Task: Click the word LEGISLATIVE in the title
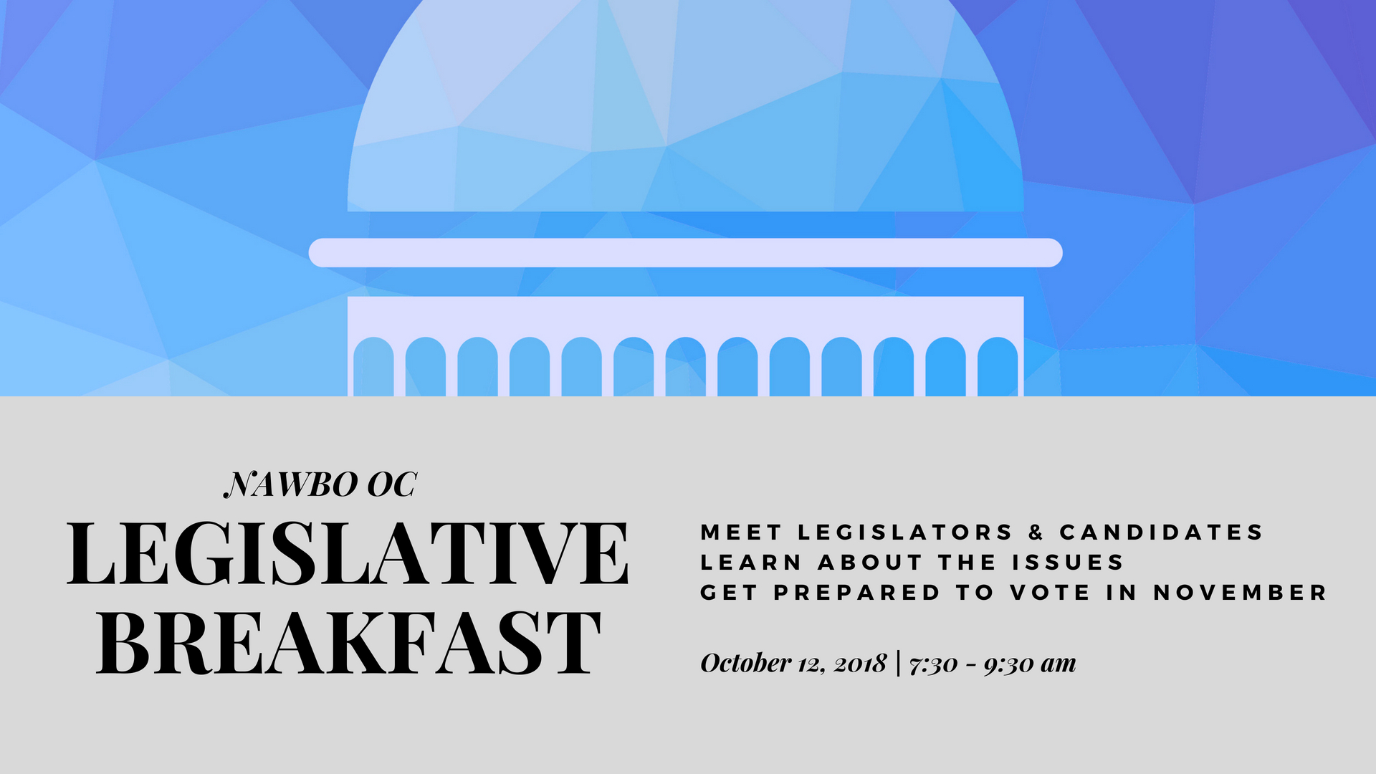pos(348,553)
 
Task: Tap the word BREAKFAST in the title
pos(348,643)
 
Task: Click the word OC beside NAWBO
pos(391,485)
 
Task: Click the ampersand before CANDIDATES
pos(1036,532)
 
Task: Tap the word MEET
pos(741,532)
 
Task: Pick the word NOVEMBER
pos(1240,593)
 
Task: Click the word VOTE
pos(1050,593)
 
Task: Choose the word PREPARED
pos(856,593)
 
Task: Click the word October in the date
pos(745,663)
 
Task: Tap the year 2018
pos(860,664)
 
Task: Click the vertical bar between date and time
pos(898,663)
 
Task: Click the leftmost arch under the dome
pos(373,366)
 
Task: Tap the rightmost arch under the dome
pos(998,366)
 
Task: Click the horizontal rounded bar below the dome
pos(685,253)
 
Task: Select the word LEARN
pos(750,563)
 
